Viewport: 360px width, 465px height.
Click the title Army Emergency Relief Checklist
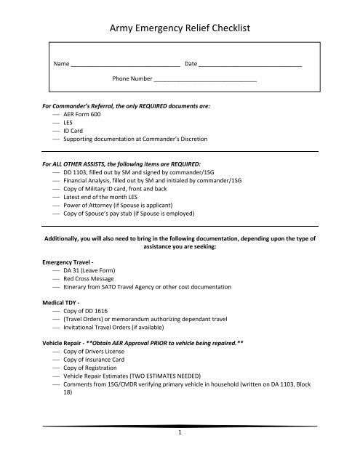pyautogui.click(x=180, y=30)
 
